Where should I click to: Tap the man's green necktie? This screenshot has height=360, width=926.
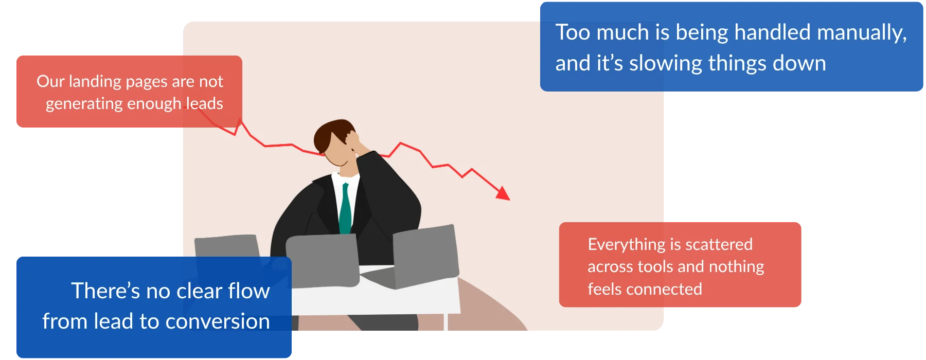pos(345,209)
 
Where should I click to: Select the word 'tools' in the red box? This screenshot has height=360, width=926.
pos(655,267)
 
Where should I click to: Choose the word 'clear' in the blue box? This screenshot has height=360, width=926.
pos(200,291)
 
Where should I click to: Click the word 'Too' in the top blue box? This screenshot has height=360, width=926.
pos(573,32)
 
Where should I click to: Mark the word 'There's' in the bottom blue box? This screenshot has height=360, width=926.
pos(105,291)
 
